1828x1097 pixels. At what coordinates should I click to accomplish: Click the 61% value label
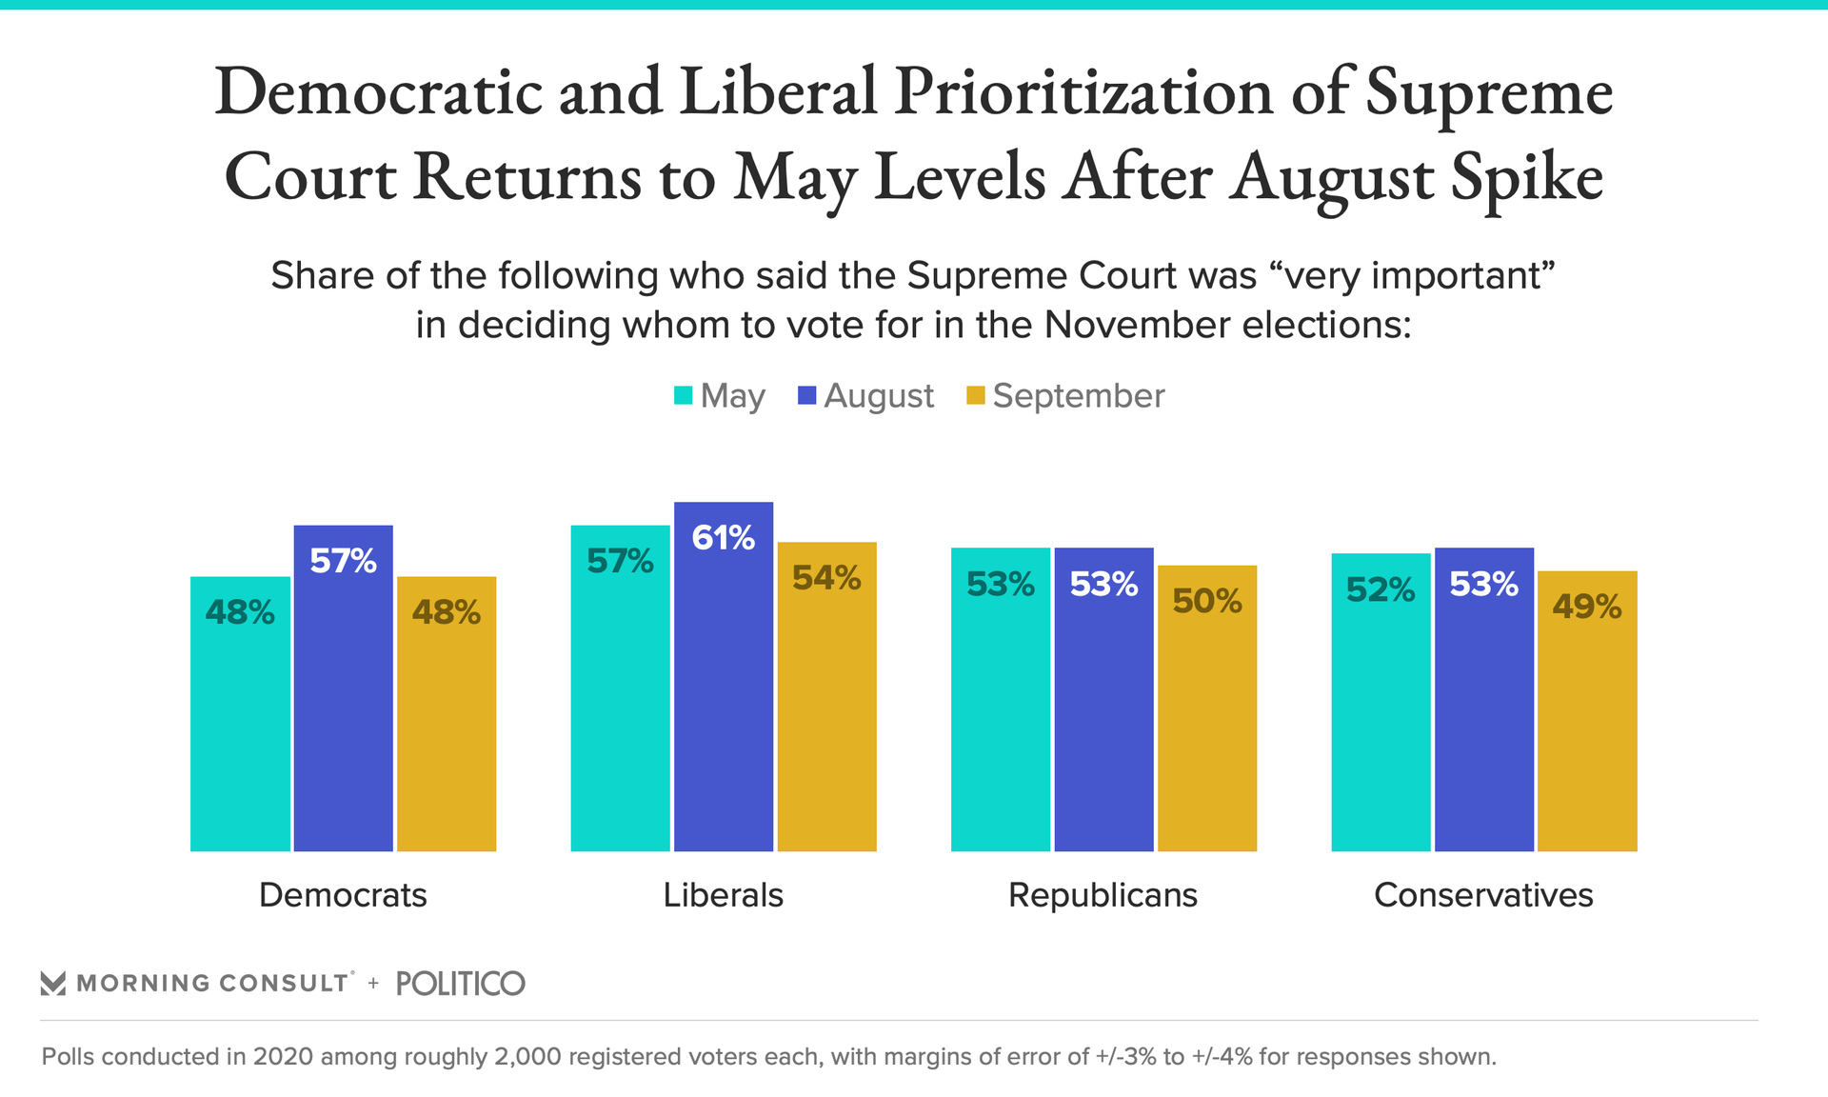click(x=724, y=538)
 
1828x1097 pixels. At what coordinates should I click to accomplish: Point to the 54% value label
click(x=826, y=578)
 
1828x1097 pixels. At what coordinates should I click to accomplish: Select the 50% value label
click(x=1207, y=601)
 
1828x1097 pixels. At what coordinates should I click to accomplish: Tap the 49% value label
click(x=1587, y=607)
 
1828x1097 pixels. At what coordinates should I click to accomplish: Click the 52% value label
click(x=1381, y=590)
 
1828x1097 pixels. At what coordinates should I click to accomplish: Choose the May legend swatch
click(x=683, y=395)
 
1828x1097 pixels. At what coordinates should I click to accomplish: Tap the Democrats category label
click(x=343, y=895)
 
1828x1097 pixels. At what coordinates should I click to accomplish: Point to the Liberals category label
click(x=723, y=895)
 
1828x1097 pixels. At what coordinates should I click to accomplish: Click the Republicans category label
click(x=1103, y=895)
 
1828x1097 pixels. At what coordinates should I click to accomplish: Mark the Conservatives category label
click(x=1483, y=895)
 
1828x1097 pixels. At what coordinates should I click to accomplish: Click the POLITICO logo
click(x=460, y=984)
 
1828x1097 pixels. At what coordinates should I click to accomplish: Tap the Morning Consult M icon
click(x=53, y=984)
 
